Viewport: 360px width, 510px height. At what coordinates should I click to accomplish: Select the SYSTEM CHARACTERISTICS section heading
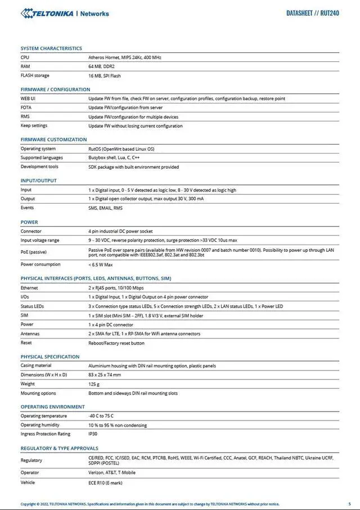coord(51,48)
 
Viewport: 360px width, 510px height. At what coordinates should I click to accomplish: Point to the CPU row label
coord(25,57)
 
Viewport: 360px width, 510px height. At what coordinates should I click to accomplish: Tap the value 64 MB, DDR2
coord(101,66)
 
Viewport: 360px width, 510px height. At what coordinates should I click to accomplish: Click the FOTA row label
coord(26,107)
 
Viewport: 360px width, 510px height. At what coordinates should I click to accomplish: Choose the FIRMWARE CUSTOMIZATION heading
coord(54,139)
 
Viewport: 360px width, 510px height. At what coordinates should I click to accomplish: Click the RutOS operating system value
coord(121,149)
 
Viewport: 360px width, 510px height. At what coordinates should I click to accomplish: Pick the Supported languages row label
coord(42,158)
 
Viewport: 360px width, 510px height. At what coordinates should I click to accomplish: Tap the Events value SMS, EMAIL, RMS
coord(105,208)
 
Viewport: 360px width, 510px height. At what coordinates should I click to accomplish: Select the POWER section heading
coord(29,222)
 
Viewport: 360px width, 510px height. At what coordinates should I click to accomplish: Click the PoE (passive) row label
coord(34,252)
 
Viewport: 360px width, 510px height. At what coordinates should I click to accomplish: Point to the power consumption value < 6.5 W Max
coord(101,264)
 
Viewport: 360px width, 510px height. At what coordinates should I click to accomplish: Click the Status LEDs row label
coord(32,306)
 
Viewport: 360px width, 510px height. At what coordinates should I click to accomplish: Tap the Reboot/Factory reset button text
coord(116,343)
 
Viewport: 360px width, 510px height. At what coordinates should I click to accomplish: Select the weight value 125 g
coord(94,384)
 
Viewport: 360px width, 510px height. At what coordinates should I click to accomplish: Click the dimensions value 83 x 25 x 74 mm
coord(105,375)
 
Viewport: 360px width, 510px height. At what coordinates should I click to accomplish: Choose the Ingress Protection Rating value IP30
coord(93,434)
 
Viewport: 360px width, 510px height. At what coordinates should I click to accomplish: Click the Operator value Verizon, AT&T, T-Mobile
coord(112,473)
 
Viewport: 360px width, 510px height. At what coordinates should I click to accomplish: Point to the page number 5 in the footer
coord(349,504)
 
